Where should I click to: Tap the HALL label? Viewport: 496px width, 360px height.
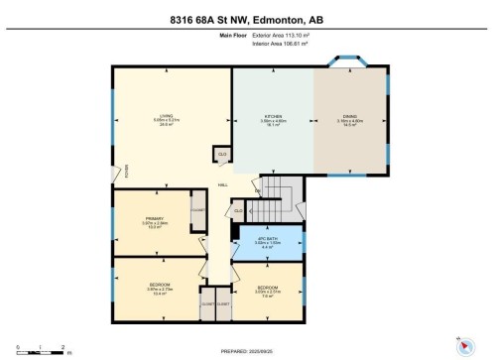[x=223, y=184]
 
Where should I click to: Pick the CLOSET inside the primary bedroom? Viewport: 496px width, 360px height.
[x=197, y=210]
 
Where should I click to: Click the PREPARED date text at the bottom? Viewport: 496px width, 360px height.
[x=248, y=351]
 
